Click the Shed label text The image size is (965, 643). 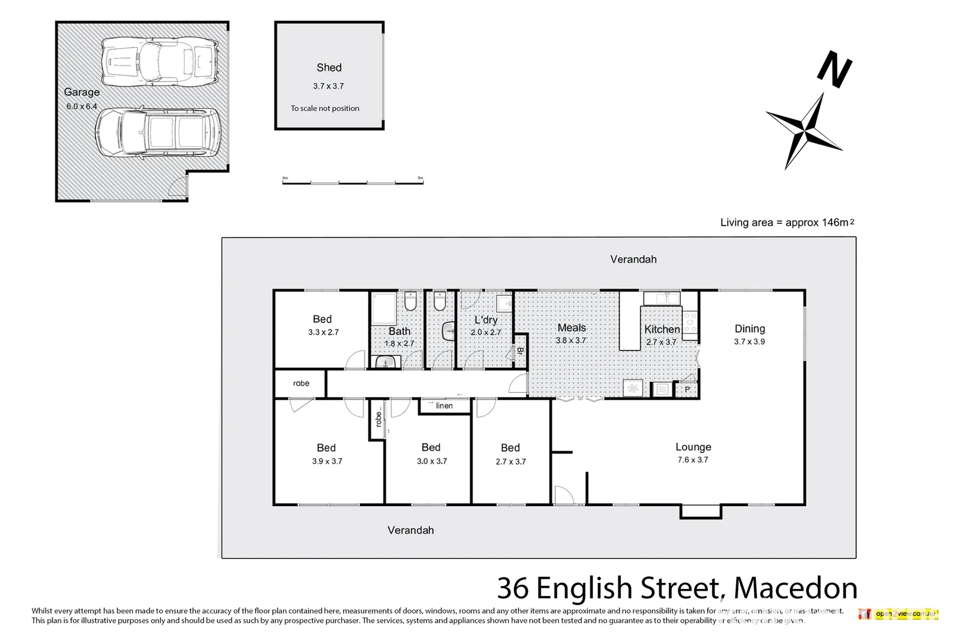pyautogui.click(x=329, y=68)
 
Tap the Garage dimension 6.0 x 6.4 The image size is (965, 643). pyautogui.click(x=82, y=107)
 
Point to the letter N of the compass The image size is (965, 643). pyautogui.click(x=834, y=69)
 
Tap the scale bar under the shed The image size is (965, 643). pyautogui.click(x=352, y=181)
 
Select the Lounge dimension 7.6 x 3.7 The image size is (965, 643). pyautogui.click(x=693, y=460)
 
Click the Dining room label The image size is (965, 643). pyautogui.click(x=749, y=329)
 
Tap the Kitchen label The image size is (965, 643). pyautogui.click(x=662, y=329)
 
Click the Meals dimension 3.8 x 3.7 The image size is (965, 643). pyautogui.click(x=571, y=341)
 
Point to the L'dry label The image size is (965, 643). pyautogui.click(x=485, y=320)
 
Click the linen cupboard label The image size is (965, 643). pyautogui.click(x=444, y=406)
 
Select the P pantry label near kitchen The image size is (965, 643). pyautogui.click(x=687, y=390)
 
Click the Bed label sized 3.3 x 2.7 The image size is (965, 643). pyautogui.click(x=322, y=319)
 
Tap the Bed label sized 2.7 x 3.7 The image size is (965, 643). pyautogui.click(x=510, y=448)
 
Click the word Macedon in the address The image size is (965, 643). pyautogui.click(x=795, y=588)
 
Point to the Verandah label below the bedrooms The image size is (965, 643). pyautogui.click(x=410, y=530)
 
